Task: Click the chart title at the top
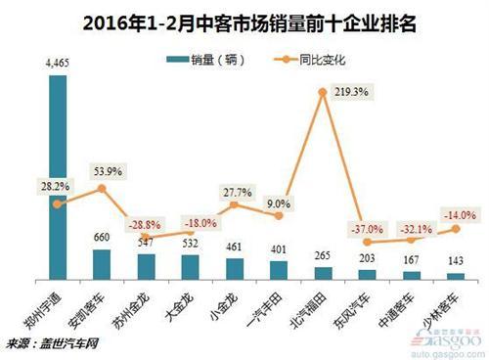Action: coord(244,19)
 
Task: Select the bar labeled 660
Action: coord(102,263)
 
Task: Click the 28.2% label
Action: coord(58,186)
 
